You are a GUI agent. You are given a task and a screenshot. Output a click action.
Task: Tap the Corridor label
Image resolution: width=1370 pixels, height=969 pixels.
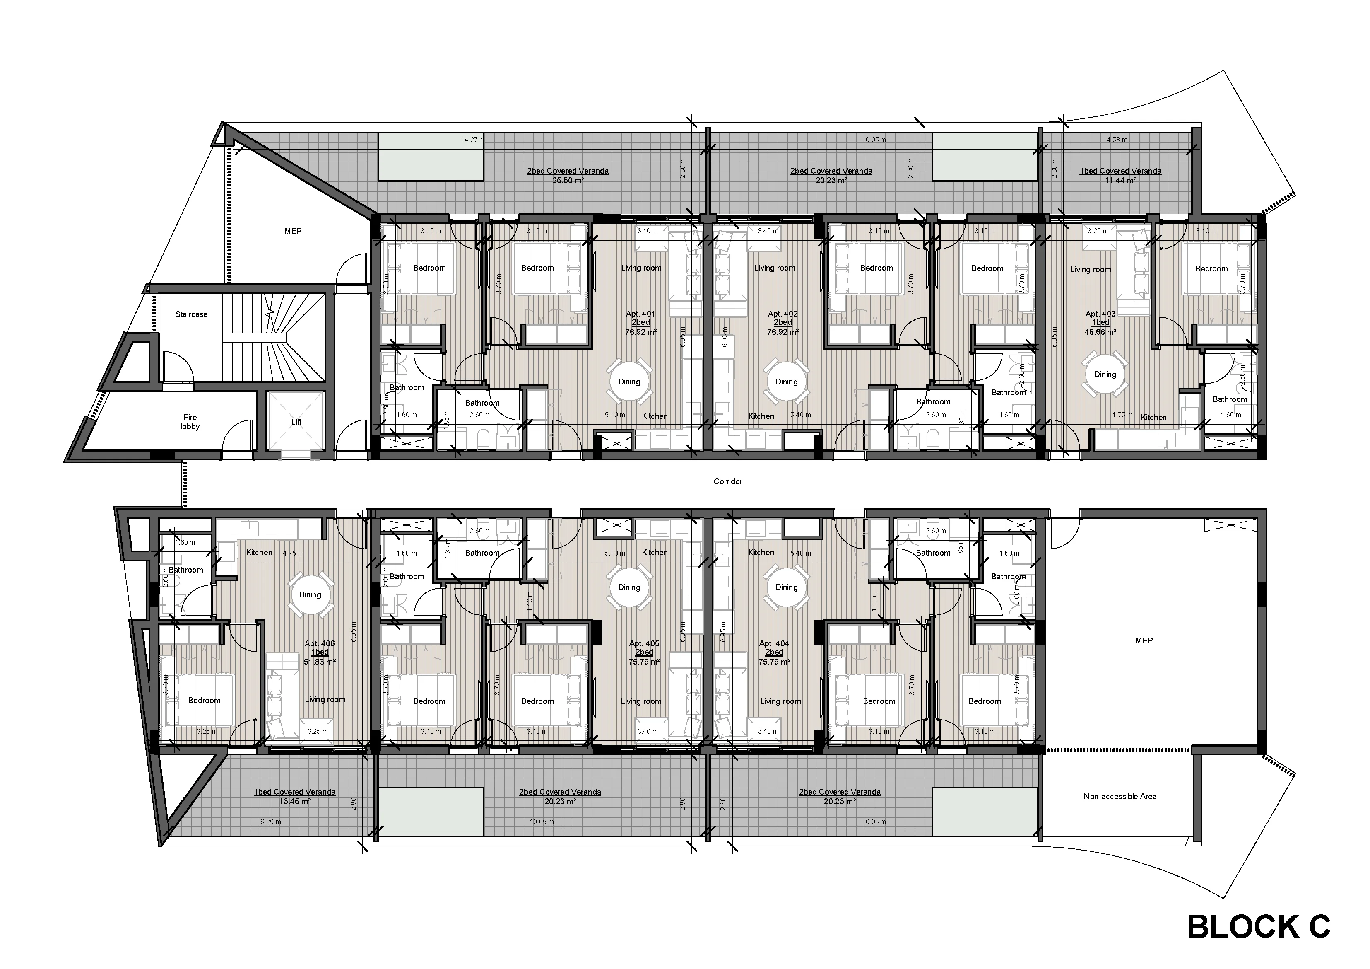pos(727,481)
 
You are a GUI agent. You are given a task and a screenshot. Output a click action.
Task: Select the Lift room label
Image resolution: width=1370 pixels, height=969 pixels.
pos(296,421)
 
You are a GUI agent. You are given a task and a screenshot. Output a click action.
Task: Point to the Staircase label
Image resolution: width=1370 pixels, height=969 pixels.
pos(191,314)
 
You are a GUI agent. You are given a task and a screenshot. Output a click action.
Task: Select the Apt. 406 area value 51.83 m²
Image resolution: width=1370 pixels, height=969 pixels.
pos(320,662)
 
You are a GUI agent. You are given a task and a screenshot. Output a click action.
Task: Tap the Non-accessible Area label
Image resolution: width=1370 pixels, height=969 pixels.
pos(1120,796)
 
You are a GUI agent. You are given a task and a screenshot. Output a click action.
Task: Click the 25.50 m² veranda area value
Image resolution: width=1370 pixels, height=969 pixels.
pos(568,180)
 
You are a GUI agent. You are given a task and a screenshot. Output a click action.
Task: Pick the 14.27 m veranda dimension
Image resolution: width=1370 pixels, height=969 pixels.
pos(472,140)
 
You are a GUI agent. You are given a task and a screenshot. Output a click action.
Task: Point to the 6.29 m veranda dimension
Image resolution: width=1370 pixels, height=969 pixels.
pos(270,822)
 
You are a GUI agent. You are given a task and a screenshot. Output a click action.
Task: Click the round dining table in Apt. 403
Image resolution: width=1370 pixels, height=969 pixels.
pos(1105,375)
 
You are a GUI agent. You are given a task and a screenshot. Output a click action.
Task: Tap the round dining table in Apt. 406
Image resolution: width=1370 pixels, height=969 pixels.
pos(310,594)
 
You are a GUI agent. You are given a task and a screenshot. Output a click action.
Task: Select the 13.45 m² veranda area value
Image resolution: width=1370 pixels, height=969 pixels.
pos(294,801)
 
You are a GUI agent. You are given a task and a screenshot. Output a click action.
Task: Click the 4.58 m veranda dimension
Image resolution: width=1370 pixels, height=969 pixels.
pos(1116,140)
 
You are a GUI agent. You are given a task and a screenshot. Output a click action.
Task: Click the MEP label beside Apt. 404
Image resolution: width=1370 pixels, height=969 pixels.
pos(1143,640)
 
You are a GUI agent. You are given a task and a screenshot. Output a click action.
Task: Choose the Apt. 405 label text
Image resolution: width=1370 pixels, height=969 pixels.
pos(644,644)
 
